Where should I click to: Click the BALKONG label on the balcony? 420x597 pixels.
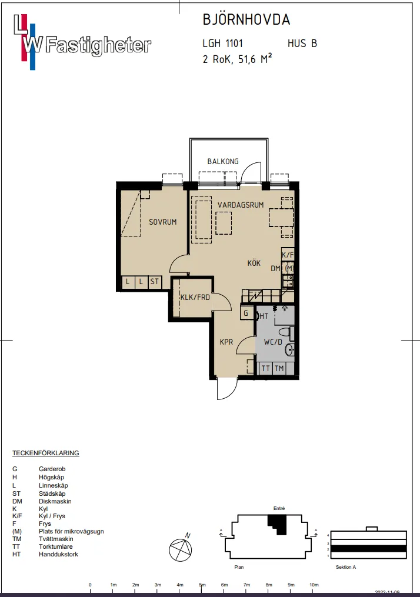[223, 162]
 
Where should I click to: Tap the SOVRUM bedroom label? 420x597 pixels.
[162, 222]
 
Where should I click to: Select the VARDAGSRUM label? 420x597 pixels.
[240, 205]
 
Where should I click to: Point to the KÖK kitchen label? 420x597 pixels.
[254, 264]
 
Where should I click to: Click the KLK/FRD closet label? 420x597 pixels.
[195, 297]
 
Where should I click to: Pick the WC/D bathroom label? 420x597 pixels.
[274, 342]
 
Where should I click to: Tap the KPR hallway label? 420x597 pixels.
[227, 342]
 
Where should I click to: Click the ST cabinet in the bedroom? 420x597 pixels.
[154, 282]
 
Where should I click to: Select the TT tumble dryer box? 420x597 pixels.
[266, 369]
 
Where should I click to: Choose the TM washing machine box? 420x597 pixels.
[279, 369]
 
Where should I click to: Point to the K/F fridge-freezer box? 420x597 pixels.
[288, 255]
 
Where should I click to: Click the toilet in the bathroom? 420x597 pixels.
[291, 334]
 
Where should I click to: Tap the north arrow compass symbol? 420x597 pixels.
[181, 551]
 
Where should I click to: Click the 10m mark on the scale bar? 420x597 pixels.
[314, 585]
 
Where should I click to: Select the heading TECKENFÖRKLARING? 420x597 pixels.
[46, 453]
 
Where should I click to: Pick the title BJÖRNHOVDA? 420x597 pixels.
[246, 20]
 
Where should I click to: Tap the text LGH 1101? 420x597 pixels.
[222, 44]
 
